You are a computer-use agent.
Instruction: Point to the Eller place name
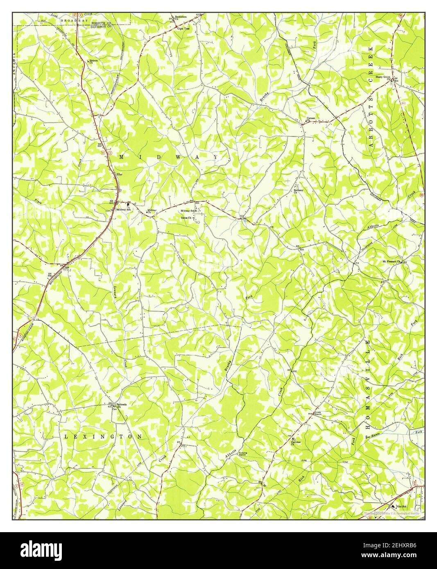click(x=120, y=175)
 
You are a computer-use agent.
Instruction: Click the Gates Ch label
click(x=187, y=218)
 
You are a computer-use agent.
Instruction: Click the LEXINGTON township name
click(x=103, y=437)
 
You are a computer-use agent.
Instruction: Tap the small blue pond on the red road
click(x=245, y=220)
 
